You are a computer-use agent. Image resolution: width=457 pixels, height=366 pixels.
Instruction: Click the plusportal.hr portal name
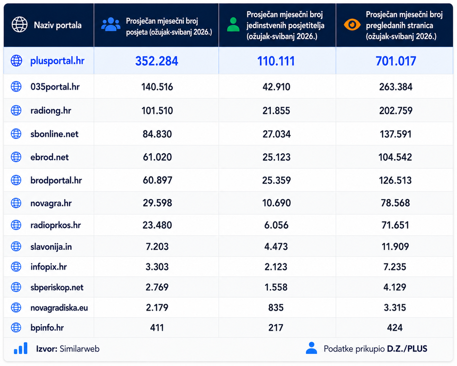click(57, 61)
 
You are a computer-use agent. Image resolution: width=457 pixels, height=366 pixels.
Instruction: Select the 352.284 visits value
click(157, 61)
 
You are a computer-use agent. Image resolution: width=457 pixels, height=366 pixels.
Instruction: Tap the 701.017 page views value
click(396, 61)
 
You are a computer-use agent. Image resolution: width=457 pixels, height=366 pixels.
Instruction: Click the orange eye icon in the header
click(352, 24)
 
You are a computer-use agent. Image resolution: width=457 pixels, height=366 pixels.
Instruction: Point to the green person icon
click(233, 24)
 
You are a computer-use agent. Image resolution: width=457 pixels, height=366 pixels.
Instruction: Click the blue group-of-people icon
click(111, 24)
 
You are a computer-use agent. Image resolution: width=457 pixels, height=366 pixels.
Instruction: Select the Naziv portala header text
click(58, 25)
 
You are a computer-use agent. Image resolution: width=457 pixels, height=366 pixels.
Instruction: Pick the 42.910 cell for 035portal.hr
click(276, 87)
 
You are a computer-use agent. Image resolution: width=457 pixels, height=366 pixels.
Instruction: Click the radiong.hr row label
click(51, 110)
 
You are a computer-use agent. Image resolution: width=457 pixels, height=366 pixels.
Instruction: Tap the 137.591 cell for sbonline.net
click(396, 134)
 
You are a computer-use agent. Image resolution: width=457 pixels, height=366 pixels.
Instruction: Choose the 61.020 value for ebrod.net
click(157, 157)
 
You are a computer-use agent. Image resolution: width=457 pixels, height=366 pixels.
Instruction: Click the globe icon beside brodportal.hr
click(16, 180)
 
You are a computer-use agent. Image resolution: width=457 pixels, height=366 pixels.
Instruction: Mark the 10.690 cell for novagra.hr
click(276, 203)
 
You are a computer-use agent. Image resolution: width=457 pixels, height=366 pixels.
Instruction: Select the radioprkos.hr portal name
click(56, 225)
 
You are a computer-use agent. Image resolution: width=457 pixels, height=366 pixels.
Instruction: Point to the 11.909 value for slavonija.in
click(395, 247)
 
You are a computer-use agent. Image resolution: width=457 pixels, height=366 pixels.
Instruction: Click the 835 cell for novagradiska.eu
click(276, 307)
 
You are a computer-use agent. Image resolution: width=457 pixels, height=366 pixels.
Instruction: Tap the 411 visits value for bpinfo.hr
click(157, 328)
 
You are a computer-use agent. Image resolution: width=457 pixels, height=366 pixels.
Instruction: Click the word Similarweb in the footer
click(80, 349)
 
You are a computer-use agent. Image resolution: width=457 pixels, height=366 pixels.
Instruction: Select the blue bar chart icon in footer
click(21, 348)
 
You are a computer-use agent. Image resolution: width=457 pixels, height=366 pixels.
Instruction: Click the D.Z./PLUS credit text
click(407, 349)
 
